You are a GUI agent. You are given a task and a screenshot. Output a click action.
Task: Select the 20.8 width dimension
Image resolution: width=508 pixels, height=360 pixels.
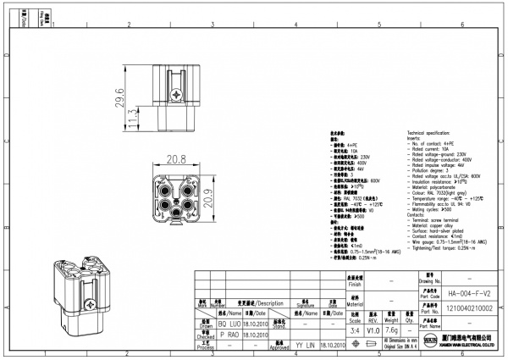176,159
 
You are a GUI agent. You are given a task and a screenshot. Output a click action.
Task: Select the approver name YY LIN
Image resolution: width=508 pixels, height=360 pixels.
305,345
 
